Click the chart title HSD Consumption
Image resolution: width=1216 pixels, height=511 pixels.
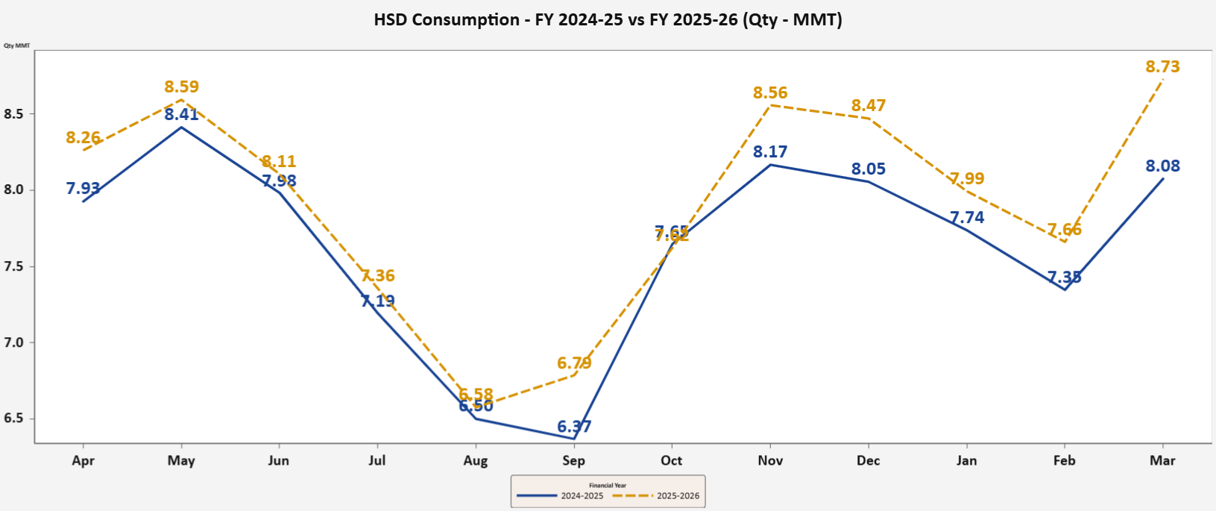coord(608,20)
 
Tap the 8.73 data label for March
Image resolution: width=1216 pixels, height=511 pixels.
coord(1162,67)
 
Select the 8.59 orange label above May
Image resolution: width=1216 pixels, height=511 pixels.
coord(182,87)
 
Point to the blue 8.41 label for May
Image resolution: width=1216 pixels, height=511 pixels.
coord(182,114)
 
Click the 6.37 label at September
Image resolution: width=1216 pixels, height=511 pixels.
coord(574,427)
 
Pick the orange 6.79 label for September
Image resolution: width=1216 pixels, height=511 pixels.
coord(574,363)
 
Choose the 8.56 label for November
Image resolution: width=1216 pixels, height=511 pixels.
coord(770,93)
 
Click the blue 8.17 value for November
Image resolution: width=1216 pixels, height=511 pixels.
coord(770,152)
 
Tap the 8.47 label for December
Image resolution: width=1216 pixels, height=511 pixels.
coord(869,105)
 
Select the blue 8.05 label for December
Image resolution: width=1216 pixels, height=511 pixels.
coord(869,169)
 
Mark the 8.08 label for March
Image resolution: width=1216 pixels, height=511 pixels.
coord(1162,166)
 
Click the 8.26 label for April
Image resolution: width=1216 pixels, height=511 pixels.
coord(83,138)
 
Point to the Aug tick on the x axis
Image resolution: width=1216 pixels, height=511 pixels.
coord(476,461)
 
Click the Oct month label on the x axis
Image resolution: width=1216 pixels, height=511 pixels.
coord(672,461)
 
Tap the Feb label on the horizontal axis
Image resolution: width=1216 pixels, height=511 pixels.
coord(1064,461)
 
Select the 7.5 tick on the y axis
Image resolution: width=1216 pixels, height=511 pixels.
coord(14,266)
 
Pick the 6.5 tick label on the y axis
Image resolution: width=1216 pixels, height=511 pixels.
coord(14,418)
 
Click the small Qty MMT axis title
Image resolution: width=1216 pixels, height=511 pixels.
coord(16,46)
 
